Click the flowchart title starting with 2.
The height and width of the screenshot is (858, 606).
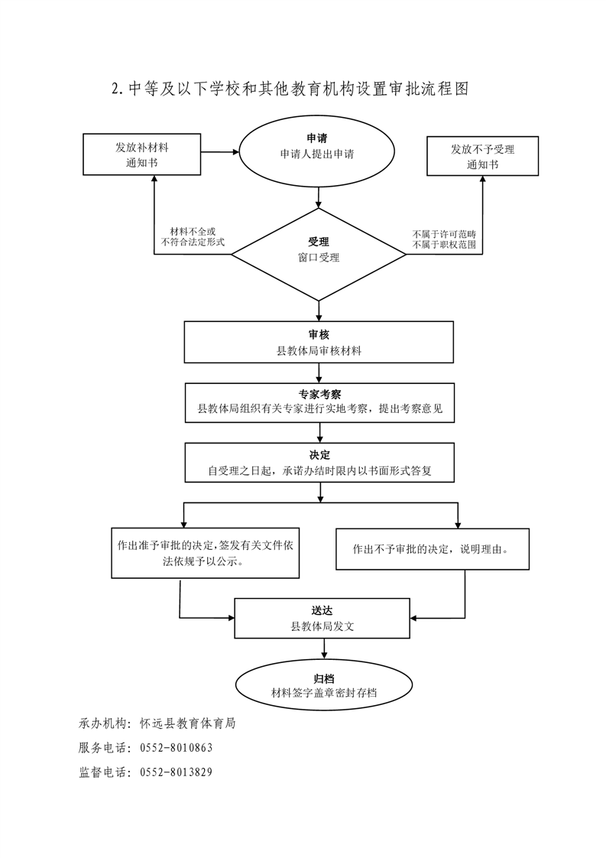point(290,89)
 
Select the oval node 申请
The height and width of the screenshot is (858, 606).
point(317,151)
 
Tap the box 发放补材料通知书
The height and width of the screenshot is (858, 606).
point(141,154)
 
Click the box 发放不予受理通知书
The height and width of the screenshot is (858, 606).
point(482,156)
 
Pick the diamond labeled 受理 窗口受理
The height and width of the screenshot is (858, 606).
point(319,255)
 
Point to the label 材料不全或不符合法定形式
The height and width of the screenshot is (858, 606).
point(193,237)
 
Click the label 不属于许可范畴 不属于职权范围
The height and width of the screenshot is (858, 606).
point(444,239)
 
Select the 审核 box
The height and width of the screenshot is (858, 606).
point(319,342)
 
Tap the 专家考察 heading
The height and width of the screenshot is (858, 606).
point(320,395)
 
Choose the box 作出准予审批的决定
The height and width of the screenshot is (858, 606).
point(205,553)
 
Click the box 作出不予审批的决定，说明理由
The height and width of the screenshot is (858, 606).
point(432,549)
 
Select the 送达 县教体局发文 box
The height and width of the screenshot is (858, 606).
point(322,619)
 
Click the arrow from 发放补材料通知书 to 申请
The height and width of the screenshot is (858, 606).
point(220,152)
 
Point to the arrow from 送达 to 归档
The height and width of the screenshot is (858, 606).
point(324,649)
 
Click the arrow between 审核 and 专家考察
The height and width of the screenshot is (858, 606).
point(319,373)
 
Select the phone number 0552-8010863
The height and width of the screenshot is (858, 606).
point(177,747)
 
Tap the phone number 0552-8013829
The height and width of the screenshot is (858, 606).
point(177,772)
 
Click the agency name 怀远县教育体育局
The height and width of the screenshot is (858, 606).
point(187,723)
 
